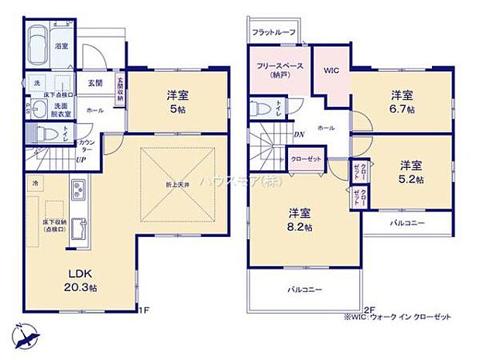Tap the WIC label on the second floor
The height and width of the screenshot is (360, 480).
[x=331, y=70]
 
